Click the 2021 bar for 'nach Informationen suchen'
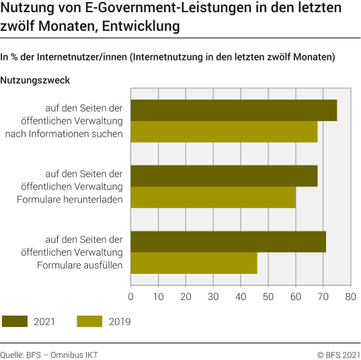coord(233,110)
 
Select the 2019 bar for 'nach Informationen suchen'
coord(224,132)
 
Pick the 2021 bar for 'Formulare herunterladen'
coord(224,176)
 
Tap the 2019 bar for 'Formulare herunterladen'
coord(213,197)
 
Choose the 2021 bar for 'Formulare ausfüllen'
coord(228,242)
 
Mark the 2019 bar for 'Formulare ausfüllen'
coord(194,263)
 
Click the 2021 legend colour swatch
coord(17,322)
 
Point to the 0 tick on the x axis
coord(130,295)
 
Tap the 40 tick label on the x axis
coord(241,295)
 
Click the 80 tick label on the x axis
coord(350,295)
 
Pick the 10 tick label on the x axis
coord(158,295)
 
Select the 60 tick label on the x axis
coord(295,295)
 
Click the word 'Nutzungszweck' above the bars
coord(36,80)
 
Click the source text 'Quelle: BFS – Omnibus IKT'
coord(49,354)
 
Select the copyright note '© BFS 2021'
coord(339,354)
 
